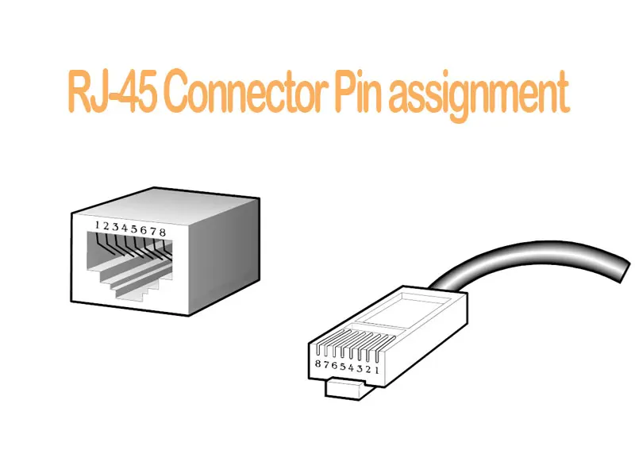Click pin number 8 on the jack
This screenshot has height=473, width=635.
point(163,231)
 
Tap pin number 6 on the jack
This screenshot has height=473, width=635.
point(144,230)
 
